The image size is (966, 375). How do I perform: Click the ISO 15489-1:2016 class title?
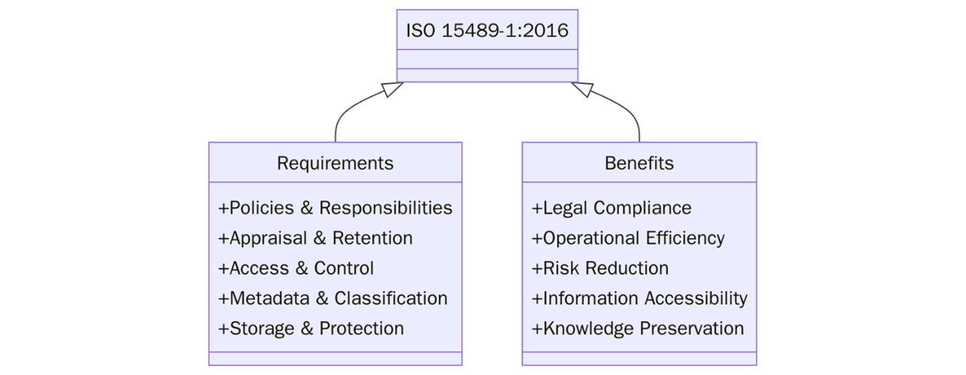pos(487,31)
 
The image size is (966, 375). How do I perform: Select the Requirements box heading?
pos(335,164)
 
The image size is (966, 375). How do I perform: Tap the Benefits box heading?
pos(639,164)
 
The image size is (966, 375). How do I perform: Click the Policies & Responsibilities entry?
pos(335,208)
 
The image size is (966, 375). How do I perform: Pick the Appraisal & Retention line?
pos(315,239)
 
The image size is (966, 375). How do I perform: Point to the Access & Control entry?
pos(296,269)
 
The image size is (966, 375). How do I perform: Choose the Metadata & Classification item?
pos(333,299)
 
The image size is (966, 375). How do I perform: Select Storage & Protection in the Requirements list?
pos(311,329)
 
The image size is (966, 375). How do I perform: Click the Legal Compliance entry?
pos(612,208)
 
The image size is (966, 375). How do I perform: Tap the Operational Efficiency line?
pos(628,239)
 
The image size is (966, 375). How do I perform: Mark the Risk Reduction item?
pos(600,269)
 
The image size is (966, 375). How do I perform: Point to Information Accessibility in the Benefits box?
pos(640,299)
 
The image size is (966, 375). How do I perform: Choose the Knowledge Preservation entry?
pos(637,329)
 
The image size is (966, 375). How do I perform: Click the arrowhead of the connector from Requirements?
pos(393,88)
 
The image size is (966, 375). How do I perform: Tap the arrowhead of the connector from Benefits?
pos(581,88)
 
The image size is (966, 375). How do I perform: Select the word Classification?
pos(391,299)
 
